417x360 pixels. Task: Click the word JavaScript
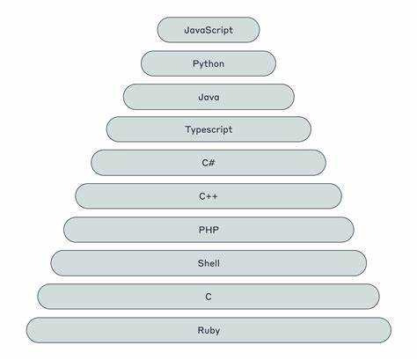coord(208,30)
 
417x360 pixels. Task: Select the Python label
coord(208,63)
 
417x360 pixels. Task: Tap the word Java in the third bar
coord(208,97)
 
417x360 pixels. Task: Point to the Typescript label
coord(208,129)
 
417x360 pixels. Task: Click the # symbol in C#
coord(211,163)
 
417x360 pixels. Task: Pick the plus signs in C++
coord(212,196)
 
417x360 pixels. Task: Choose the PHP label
coord(208,230)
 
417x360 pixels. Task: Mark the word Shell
coord(208,263)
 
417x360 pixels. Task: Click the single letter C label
coord(208,297)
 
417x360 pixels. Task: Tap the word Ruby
coord(208,330)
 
